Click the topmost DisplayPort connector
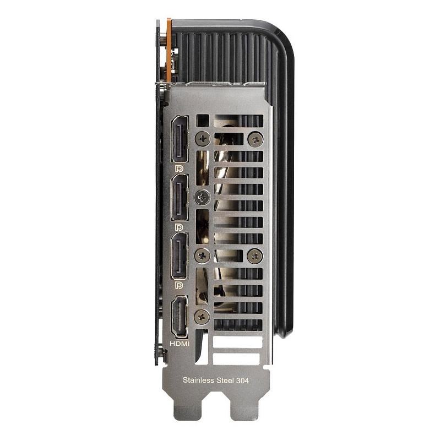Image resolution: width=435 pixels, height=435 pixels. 180,139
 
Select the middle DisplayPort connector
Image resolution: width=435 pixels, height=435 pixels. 180,198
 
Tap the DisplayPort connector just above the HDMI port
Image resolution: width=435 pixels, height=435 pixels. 180,256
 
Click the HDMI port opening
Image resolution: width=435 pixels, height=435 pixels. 180,317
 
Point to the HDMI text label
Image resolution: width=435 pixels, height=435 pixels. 180,344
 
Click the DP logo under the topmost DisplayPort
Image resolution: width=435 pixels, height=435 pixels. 179,168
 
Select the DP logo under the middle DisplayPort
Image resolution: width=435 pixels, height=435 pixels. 179,227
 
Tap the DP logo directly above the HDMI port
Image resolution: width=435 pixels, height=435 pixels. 179,285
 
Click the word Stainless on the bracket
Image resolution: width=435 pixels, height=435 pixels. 198,380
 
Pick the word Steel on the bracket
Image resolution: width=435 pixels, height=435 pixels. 225,380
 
